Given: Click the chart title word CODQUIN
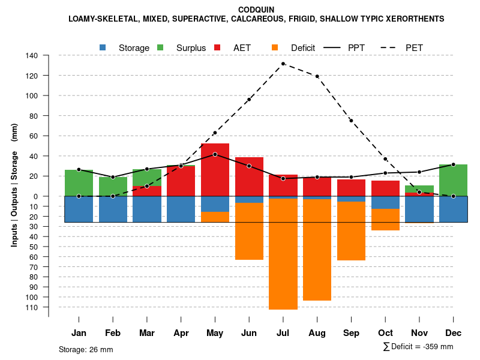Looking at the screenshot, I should (256, 10).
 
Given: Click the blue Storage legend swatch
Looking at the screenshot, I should (103, 47).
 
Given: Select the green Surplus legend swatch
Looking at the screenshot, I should (160, 47).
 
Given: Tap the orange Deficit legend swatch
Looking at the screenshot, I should (275, 47).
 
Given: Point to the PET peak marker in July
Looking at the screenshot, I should (283, 64).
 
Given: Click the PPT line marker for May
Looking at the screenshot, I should (215, 154).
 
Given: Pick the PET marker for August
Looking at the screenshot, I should (317, 76).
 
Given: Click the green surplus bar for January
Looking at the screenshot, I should (79, 183).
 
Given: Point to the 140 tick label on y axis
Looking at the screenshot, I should (32, 56).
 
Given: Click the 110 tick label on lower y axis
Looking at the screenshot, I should (32, 307).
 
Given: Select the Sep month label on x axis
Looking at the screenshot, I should (351, 333).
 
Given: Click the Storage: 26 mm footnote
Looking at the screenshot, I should (86, 349).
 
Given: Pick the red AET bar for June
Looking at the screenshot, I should (249, 176).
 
